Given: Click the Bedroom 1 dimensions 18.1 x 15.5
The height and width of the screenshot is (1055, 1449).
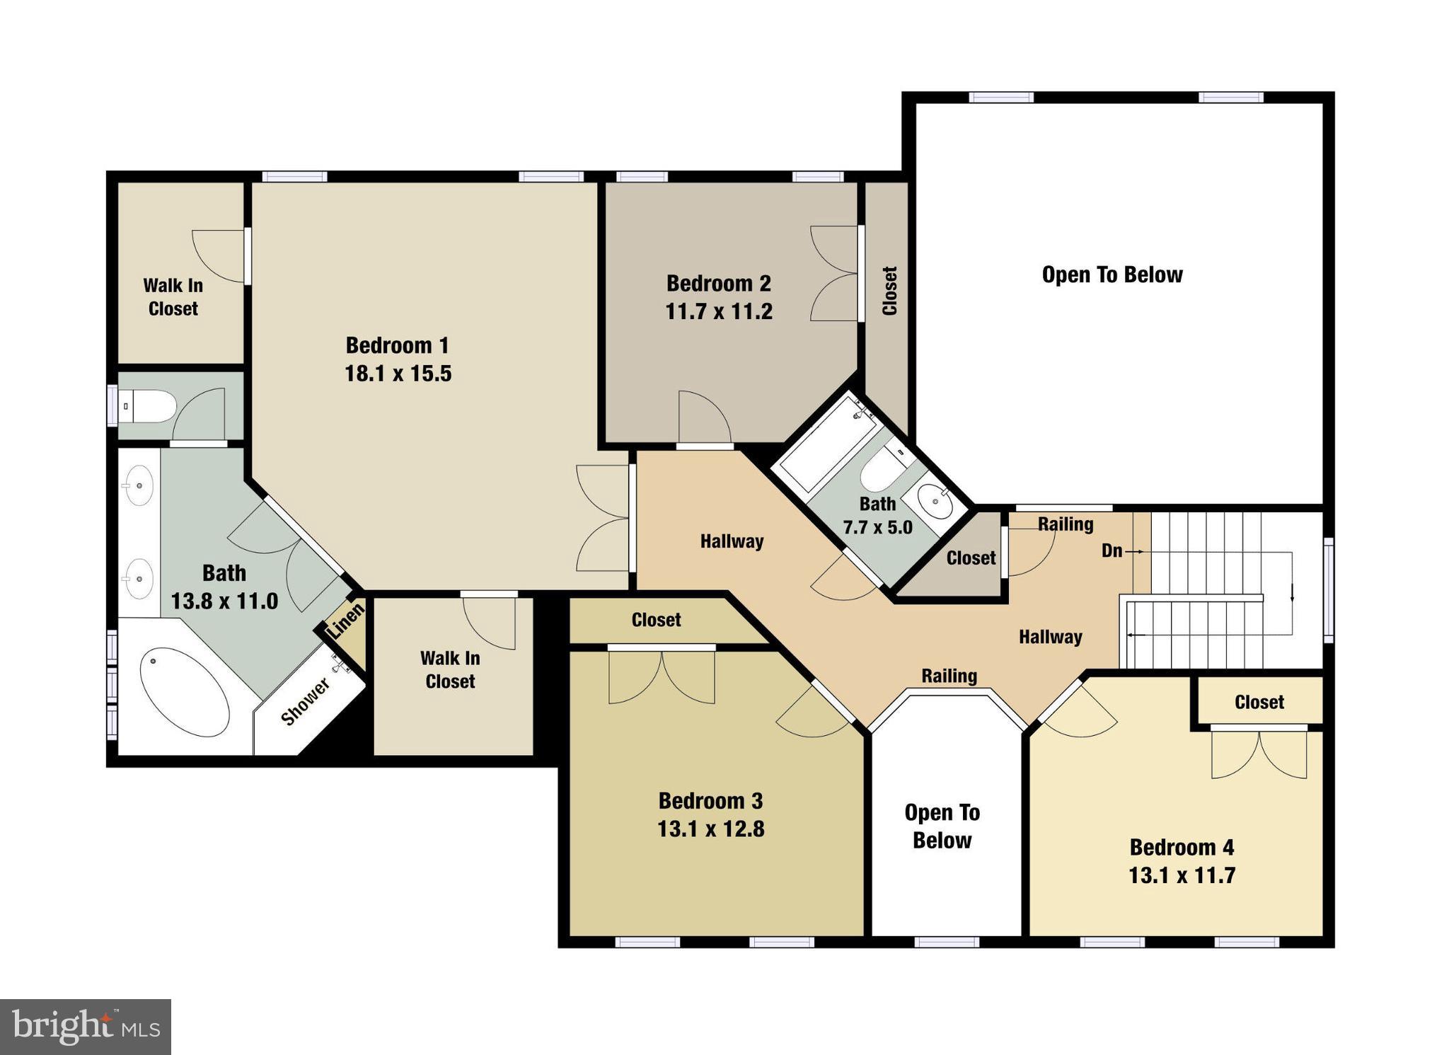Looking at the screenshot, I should (398, 374).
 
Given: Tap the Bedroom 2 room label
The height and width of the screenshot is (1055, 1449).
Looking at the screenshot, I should (718, 284).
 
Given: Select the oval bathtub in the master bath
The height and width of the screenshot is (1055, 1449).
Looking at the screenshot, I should (185, 692).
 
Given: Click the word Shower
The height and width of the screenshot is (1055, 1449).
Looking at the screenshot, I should (305, 702).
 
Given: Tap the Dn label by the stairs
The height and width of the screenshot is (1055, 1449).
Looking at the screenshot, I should (1112, 550).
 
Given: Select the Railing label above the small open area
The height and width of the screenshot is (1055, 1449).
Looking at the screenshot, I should (949, 676).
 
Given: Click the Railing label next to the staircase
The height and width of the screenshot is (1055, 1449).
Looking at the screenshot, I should (1065, 524).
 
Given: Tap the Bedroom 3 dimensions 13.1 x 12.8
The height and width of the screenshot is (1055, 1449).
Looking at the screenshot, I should (710, 829).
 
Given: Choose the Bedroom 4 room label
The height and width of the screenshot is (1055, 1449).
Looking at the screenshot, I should (1181, 847).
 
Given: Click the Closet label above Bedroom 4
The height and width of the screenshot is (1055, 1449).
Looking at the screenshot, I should (1259, 702).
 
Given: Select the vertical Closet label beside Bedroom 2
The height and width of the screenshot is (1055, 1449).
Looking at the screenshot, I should (889, 291).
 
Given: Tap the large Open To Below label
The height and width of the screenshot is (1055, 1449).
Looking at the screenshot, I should (1112, 275).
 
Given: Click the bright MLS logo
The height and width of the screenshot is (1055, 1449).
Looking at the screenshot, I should (86, 1027).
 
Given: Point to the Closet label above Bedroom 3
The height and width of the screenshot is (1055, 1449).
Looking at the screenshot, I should (656, 620).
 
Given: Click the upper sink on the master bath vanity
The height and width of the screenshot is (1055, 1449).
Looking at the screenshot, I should (139, 485).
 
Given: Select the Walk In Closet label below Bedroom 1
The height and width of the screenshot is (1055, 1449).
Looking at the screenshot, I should (450, 669).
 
